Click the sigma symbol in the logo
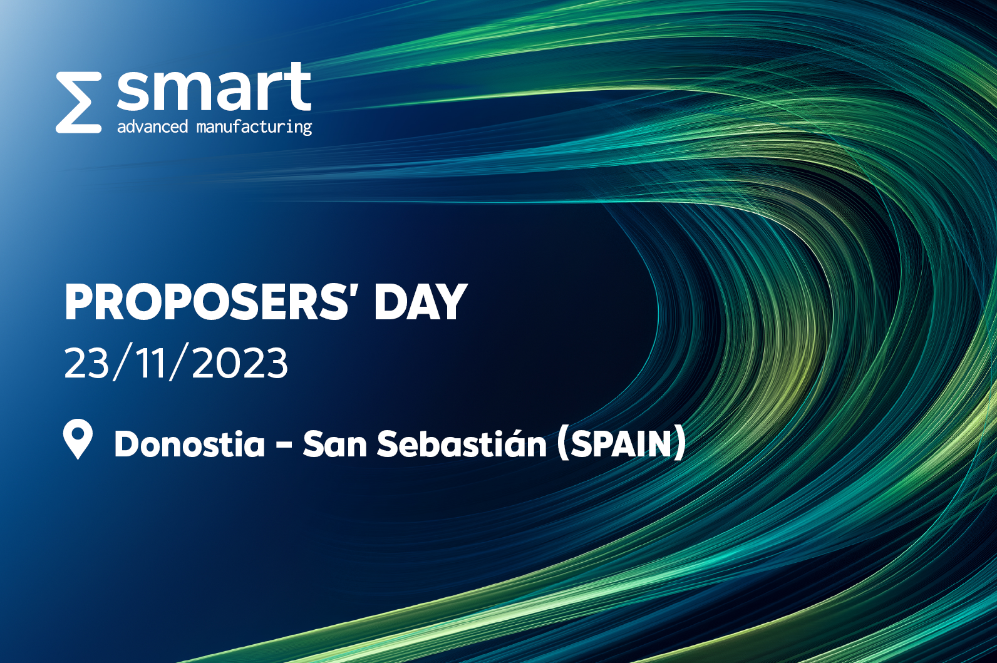click(78, 103)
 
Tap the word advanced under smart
click(152, 126)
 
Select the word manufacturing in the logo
click(254, 127)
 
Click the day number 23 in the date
click(87, 362)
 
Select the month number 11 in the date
click(149, 362)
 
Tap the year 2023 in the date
click(240, 362)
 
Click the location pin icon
click(78, 438)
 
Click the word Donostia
click(190, 444)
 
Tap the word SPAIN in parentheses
click(621, 444)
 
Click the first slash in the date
click(122, 362)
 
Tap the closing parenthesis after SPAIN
click(679, 444)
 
